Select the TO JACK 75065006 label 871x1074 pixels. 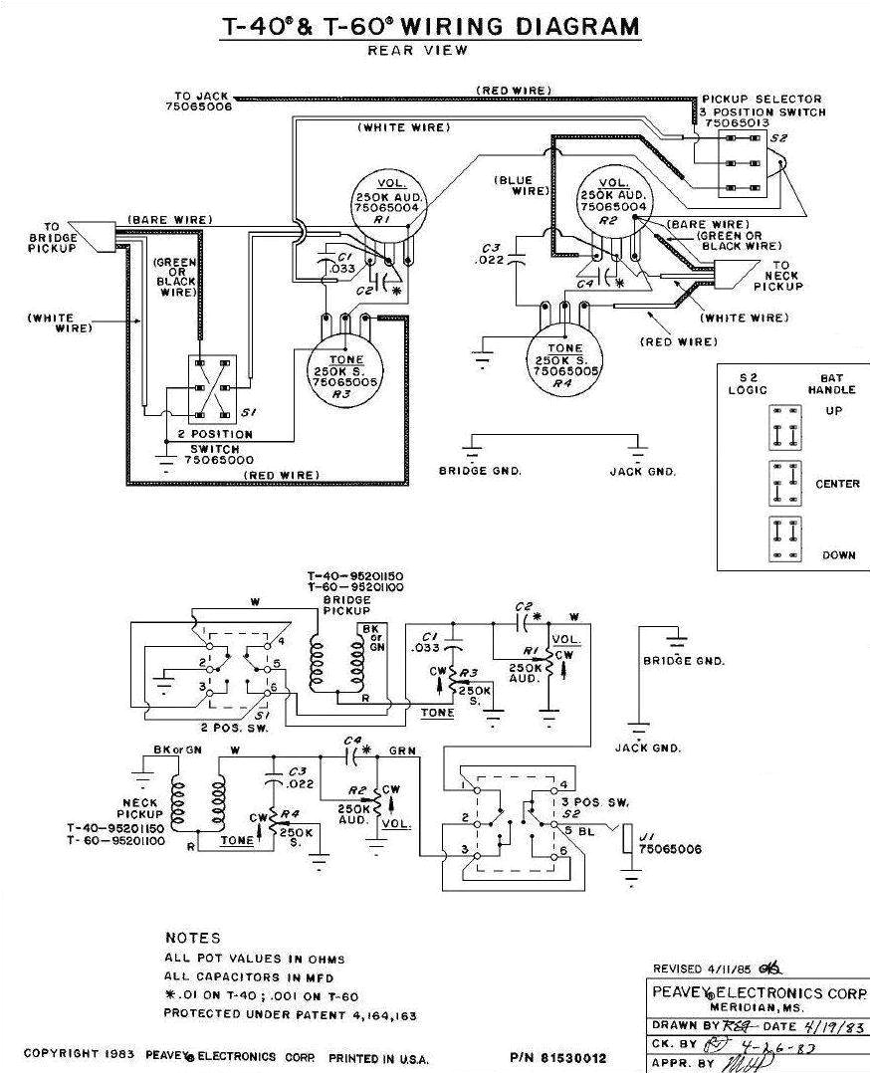coord(203,101)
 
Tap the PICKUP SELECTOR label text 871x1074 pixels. coord(762,100)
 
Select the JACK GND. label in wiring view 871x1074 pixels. coord(643,472)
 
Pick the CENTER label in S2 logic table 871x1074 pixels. coord(836,485)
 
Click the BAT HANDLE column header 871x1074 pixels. coord(832,385)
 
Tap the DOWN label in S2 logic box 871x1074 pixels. coord(838,555)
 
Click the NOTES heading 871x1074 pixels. coord(193,938)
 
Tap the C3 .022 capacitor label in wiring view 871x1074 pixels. coord(490,254)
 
